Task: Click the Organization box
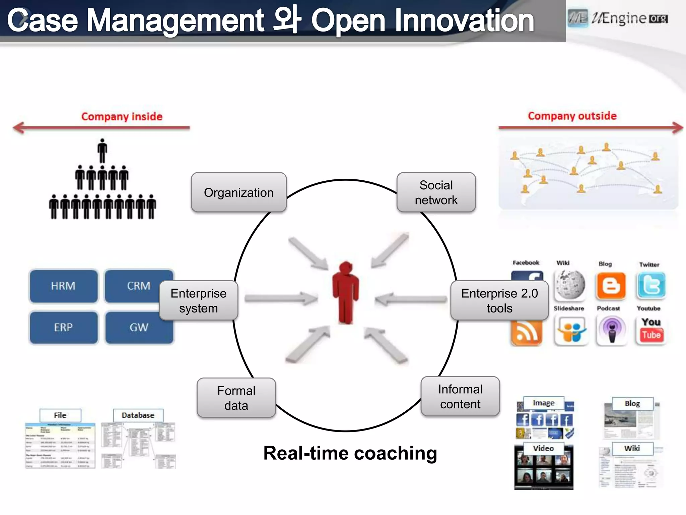238,192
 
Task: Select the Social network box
436,192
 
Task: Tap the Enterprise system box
198,300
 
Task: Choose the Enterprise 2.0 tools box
499,300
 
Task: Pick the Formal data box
236,398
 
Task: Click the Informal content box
460,396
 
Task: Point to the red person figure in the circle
346,292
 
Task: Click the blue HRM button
63,286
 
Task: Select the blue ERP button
63,327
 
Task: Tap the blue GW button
139,327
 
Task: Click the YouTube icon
651,331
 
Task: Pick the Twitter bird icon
651,285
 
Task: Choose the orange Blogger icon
611,286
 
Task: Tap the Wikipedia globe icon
569,285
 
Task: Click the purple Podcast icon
612,331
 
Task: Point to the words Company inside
122,116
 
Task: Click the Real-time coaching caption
350,453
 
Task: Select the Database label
138,415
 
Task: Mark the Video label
543,448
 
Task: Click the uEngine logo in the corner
618,18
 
